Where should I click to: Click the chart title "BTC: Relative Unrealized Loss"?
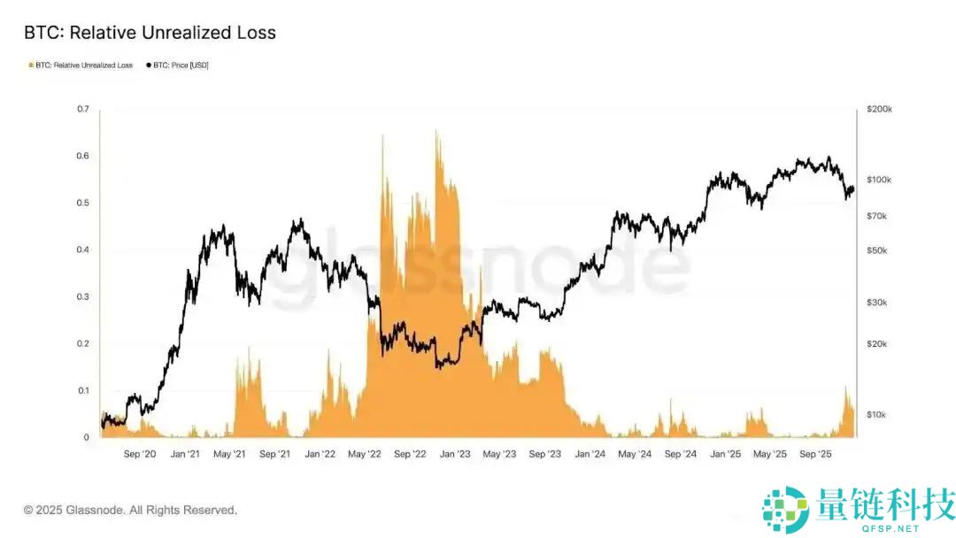coord(150,33)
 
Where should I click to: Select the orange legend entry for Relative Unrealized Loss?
coord(81,65)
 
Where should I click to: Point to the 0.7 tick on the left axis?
coord(83,109)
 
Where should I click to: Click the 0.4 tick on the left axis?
coord(83,250)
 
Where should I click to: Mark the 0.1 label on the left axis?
coord(83,390)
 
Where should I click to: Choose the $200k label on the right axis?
coord(880,109)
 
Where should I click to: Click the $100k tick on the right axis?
coord(880,180)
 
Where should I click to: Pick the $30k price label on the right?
coord(878,303)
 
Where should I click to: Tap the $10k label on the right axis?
coord(878,415)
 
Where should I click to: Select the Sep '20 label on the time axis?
coord(139,454)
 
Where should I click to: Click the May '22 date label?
coord(365,454)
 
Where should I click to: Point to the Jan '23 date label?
coord(455,454)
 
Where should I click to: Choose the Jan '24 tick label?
coord(590,454)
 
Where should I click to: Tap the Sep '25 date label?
coord(814,454)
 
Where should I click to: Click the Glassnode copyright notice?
coord(130,510)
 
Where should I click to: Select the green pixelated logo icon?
coord(786,510)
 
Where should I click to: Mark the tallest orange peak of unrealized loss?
coord(436,133)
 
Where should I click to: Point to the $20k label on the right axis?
coord(878,344)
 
